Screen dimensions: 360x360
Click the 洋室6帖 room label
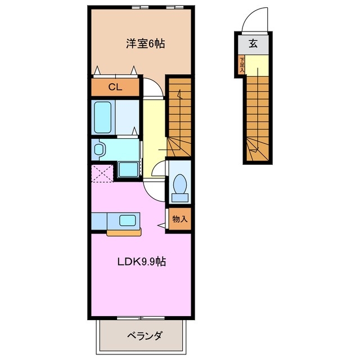[145, 43]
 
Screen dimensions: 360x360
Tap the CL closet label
[115, 87]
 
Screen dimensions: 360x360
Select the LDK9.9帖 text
[141, 262]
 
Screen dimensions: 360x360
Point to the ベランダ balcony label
[144, 336]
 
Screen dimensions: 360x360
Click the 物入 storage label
[179, 219]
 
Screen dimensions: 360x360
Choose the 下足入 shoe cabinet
[241, 65]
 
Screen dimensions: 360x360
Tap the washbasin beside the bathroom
[100, 149]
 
